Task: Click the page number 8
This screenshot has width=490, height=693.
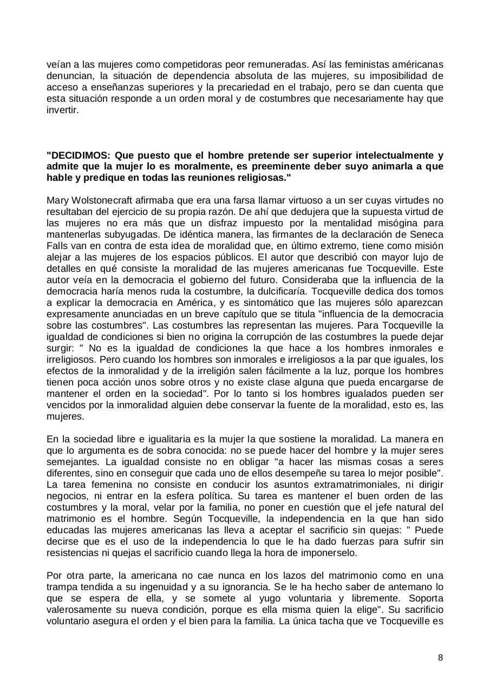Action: (440, 658)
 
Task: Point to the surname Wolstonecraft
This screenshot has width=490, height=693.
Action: (103, 200)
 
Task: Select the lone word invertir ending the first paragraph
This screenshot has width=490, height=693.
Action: (62, 110)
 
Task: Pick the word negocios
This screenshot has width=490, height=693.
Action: (66, 485)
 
